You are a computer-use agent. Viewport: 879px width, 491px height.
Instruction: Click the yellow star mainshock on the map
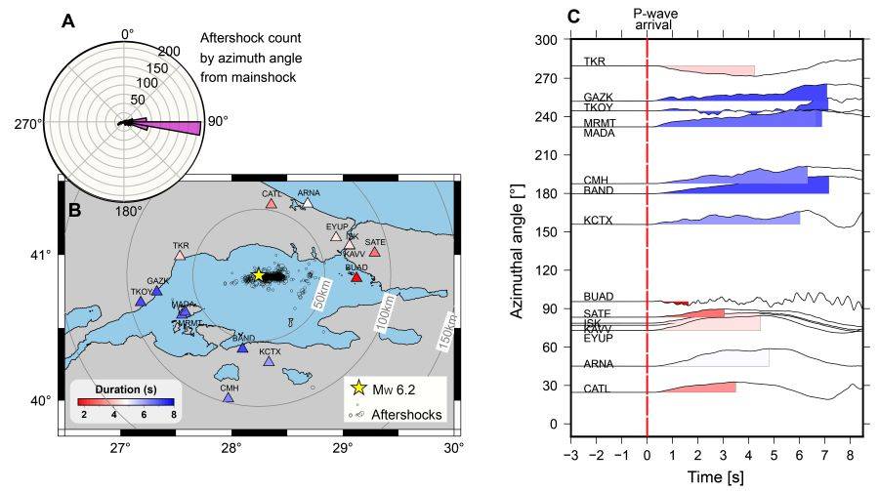coord(259,275)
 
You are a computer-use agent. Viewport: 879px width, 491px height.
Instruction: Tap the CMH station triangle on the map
coord(228,397)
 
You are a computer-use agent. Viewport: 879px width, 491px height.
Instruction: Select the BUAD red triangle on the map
coord(356,277)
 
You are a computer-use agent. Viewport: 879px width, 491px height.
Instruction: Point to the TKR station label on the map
coord(180,245)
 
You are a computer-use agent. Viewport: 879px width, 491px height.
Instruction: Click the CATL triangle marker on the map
coord(272,203)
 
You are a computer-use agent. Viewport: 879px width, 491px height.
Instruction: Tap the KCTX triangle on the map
coord(270,361)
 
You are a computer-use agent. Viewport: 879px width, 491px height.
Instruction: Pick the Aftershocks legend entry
coord(409,415)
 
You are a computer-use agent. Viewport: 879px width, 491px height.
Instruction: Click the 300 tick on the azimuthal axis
coord(544,40)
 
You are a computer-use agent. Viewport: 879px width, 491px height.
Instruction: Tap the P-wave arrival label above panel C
coord(654,19)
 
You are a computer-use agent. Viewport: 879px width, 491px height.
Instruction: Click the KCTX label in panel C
coord(597,220)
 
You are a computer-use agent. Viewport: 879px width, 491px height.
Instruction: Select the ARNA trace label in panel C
coord(599,363)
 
